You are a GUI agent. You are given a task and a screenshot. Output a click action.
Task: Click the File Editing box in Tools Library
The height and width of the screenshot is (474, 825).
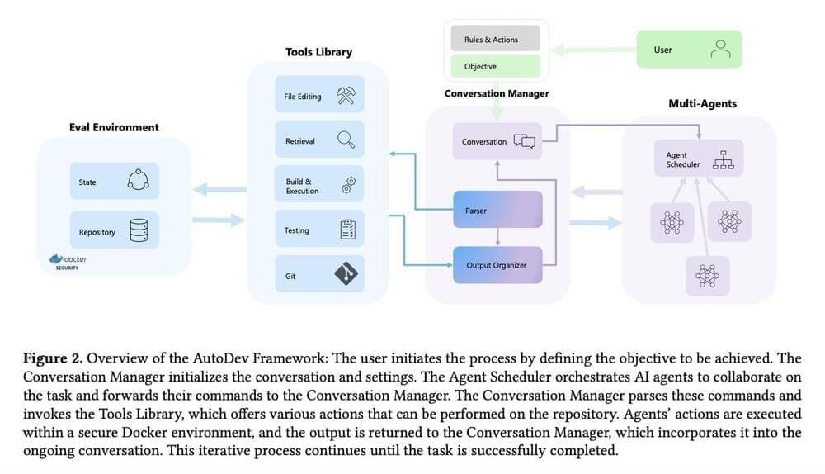click(x=317, y=97)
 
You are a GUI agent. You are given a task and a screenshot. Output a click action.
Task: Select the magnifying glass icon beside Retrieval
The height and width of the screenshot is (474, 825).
click(x=346, y=140)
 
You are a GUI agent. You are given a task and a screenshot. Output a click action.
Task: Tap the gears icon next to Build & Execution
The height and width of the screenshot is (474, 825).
click(x=347, y=186)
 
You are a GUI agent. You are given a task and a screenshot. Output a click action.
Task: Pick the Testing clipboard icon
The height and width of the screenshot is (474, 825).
click(x=347, y=230)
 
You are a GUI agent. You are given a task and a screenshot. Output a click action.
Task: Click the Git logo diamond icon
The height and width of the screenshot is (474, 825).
click(x=346, y=274)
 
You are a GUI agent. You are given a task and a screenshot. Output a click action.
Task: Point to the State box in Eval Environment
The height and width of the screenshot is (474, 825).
click(x=114, y=182)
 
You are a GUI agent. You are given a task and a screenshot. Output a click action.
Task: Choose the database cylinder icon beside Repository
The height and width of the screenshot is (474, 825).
click(x=138, y=231)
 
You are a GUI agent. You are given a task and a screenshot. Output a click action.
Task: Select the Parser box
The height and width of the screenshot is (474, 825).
click(x=497, y=211)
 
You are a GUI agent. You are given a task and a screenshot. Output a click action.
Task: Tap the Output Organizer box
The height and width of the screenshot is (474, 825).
click(x=497, y=265)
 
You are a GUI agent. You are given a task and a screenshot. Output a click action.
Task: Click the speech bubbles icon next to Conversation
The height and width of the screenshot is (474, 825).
click(x=525, y=141)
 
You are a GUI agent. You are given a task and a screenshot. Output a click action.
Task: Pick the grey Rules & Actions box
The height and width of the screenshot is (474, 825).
click(x=495, y=38)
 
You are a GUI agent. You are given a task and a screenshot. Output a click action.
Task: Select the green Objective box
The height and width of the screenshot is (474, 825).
click(x=495, y=66)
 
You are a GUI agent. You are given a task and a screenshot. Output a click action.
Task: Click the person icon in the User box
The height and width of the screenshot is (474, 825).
click(x=720, y=50)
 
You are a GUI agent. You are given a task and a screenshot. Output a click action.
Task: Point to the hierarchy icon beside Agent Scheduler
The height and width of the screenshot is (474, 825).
click(x=723, y=159)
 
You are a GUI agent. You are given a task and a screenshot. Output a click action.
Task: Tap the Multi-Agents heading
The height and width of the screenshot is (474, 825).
click(x=702, y=104)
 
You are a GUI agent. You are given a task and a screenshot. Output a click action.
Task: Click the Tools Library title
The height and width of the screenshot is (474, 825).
click(x=318, y=52)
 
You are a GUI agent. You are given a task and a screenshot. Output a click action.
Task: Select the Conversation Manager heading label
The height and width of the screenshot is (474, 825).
click(x=497, y=94)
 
